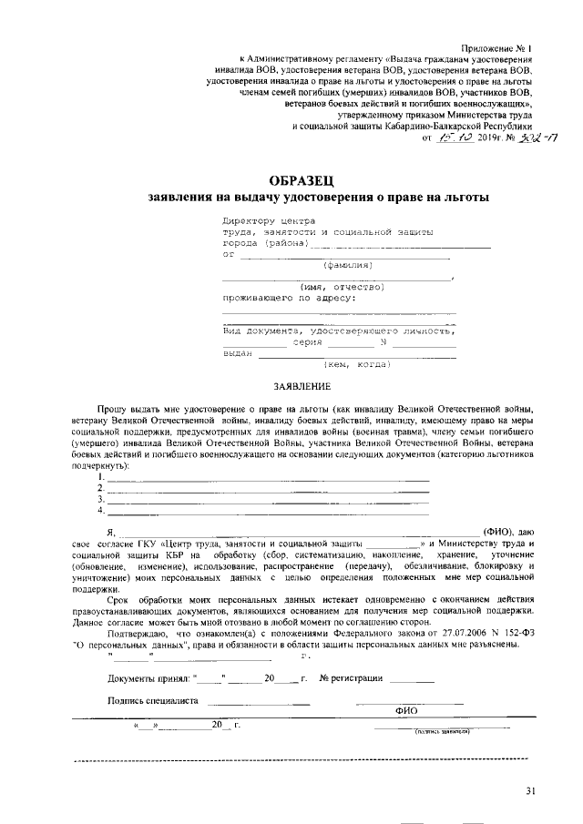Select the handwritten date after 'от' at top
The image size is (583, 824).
point(455,137)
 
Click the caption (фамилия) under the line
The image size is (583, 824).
point(347,266)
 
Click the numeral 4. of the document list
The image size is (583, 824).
point(102,510)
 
